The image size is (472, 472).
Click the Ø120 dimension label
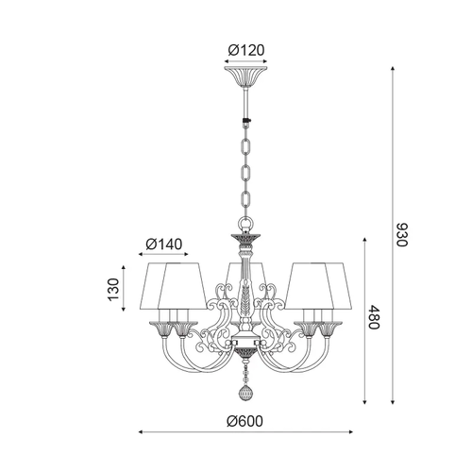(x=246, y=50)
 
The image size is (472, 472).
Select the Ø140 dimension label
(x=164, y=244)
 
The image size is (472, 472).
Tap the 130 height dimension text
(x=113, y=289)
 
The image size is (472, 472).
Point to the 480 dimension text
(x=374, y=317)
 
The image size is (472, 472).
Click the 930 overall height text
(x=401, y=235)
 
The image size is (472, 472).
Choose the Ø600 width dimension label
(x=244, y=421)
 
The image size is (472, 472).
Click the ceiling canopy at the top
(x=245, y=77)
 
